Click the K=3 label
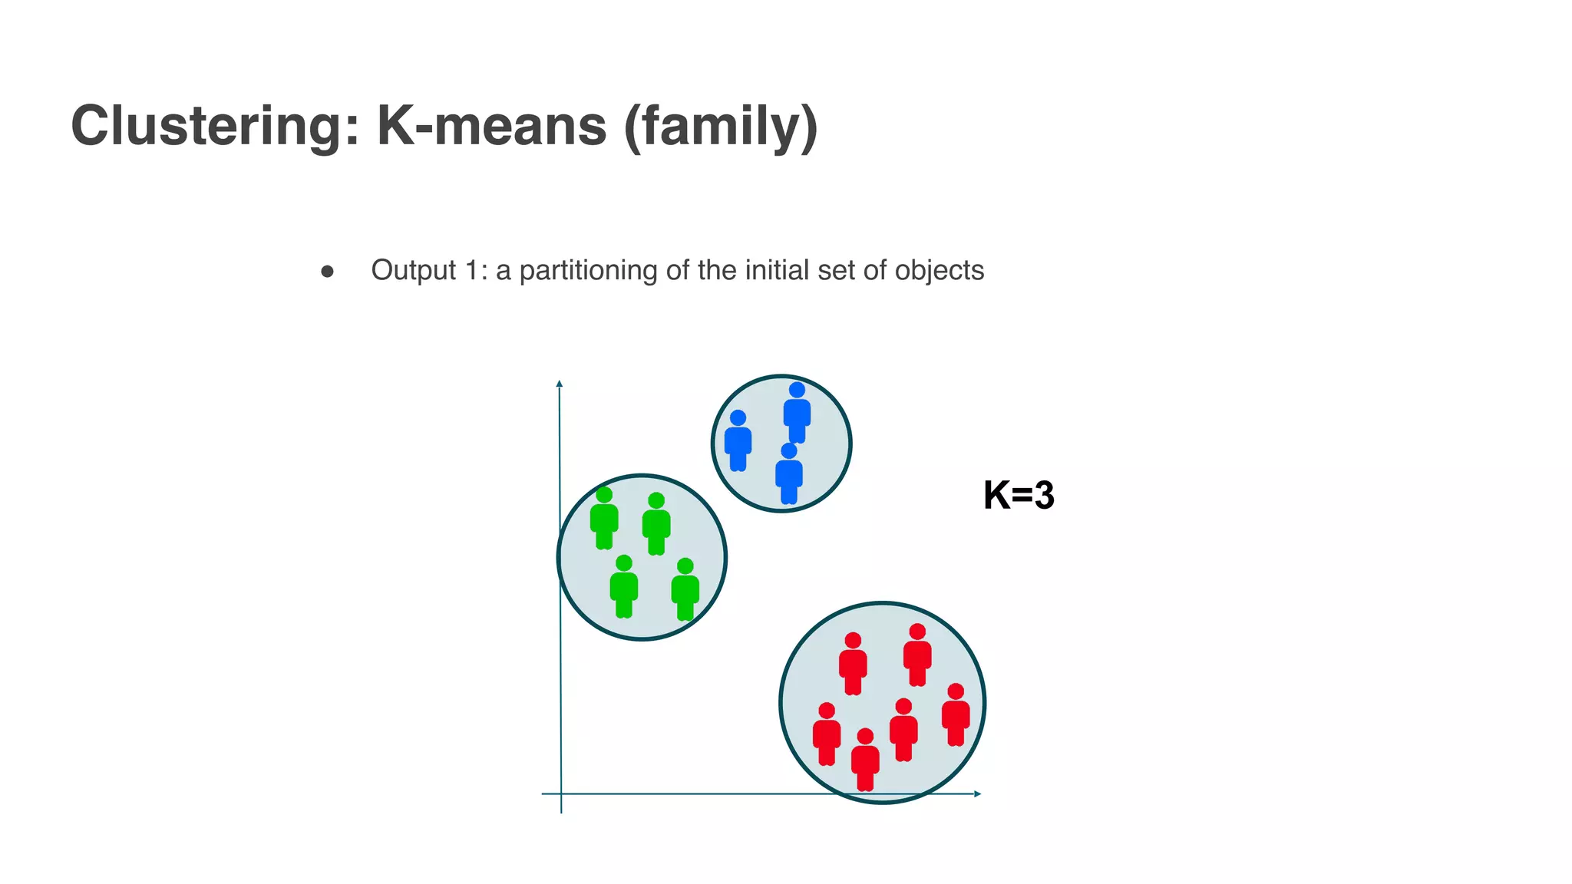coord(1019,496)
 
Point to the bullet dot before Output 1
coord(328,272)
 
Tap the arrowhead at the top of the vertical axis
coord(560,384)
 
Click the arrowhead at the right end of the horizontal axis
coord(977,793)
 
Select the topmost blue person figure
coord(797,414)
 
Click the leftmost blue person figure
coord(738,443)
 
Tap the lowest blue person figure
coord(789,476)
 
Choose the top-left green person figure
coord(604,520)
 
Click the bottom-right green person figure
coord(685,591)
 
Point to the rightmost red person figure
coord(956,716)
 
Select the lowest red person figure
coord(865,761)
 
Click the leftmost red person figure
coord(827,736)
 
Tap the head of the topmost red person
coord(917,632)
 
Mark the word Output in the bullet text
coord(414,271)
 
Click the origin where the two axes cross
coord(561,793)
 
